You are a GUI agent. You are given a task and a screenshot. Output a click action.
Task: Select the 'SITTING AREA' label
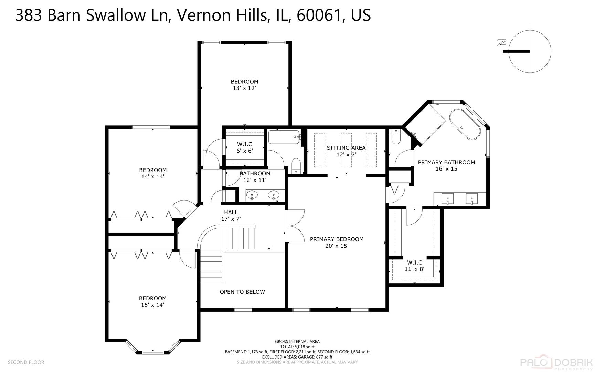click(346, 148)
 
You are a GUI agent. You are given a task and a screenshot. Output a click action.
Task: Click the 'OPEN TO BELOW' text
click(242, 292)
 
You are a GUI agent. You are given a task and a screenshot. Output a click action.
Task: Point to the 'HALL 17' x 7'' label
click(231, 216)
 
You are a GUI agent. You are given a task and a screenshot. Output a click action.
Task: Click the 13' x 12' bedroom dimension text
click(244, 88)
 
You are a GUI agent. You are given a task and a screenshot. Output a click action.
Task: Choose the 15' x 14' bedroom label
click(152, 302)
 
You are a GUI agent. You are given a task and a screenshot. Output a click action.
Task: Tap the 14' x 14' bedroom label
click(152, 173)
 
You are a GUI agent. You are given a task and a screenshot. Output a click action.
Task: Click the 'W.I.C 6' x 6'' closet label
click(244, 147)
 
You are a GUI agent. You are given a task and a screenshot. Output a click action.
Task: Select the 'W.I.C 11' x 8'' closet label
click(414, 266)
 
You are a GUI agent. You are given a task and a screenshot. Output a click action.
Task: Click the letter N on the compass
click(502, 43)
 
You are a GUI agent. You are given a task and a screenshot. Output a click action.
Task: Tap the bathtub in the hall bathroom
click(284, 137)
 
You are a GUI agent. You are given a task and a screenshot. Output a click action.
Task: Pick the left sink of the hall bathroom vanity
click(252, 195)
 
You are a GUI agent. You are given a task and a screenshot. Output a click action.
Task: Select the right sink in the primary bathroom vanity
click(471, 199)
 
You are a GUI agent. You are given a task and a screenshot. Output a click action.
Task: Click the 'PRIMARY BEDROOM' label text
click(337, 239)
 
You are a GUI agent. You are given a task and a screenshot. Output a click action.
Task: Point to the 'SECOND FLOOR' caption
click(26, 362)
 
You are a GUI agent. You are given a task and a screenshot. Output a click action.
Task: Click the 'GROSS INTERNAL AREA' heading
click(297, 342)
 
